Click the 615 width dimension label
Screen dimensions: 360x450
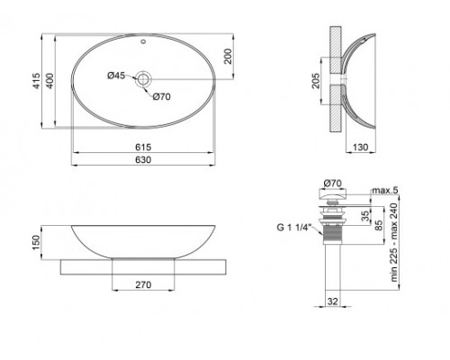143,144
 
